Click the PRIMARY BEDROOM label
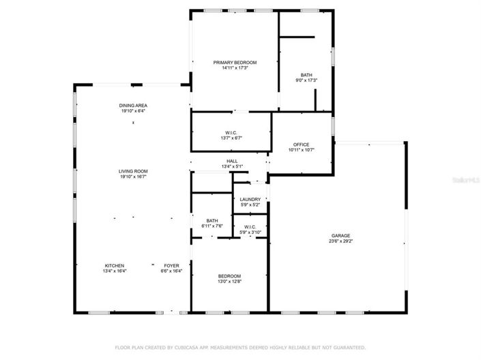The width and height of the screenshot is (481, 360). [x=234, y=62]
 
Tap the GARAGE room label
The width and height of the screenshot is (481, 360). [x=341, y=235]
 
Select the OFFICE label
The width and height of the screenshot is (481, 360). [x=302, y=145]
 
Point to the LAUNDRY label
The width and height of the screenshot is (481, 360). [x=250, y=199]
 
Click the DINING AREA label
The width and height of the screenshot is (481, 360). [x=133, y=105]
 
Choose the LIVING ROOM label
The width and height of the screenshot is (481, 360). [x=133, y=171]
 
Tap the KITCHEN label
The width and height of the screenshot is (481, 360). [x=114, y=265]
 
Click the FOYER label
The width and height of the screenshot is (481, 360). [x=171, y=265]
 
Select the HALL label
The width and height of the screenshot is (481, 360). [x=232, y=161]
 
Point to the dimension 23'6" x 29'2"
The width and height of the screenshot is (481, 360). [x=341, y=241]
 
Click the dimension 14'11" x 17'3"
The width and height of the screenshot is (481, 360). [x=234, y=67]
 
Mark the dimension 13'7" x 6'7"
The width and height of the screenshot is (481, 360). [x=231, y=138]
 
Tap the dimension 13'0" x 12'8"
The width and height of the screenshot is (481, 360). [x=229, y=282]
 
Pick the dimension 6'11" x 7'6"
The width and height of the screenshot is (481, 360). [x=212, y=226]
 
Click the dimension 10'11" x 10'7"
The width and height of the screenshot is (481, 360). [x=302, y=150]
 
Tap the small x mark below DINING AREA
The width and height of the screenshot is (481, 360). [x=133, y=122]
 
